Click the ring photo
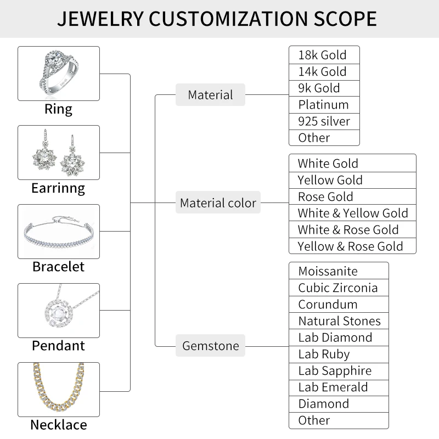pyautogui.click(x=59, y=74)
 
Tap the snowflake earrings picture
pyautogui.click(x=59, y=153)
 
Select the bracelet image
pyautogui.click(x=59, y=232)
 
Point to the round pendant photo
pyautogui.click(x=59, y=311)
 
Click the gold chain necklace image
pyautogui.click(x=59, y=389)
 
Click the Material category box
pyautogui.click(x=210, y=95)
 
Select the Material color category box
pyautogui.click(x=218, y=203)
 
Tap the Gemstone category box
pyautogui.click(x=210, y=346)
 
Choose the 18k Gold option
pyautogui.click(x=324, y=55)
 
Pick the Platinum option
pyautogui.click(x=324, y=105)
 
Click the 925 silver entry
pyautogui.click(x=324, y=121)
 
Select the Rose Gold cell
pyautogui.click(x=352, y=196)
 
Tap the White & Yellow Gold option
pyautogui.click(x=352, y=213)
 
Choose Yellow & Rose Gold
pyautogui.click(x=352, y=246)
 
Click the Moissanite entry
pyautogui.click(x=339, y=271)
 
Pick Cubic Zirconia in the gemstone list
pyautogui.click(x=339, y=288)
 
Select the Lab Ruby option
pyautogui.click(x=339, y=354)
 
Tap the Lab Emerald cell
pyautogui.click(x=339, y=387)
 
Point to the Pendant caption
pyautogui.click(x=58, y=346)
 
